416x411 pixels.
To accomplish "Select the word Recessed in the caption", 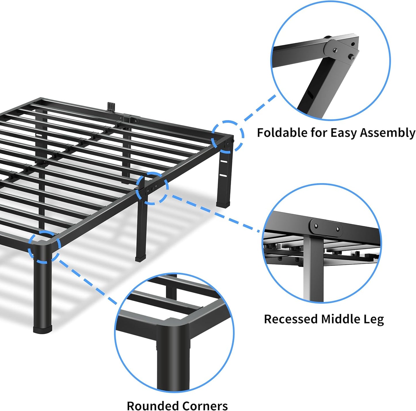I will (290, 319).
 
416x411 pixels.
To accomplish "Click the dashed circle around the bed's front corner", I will (45, 246).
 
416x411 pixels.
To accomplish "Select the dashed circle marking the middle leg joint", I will (152, 188).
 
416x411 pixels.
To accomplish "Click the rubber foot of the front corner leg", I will (43, 329).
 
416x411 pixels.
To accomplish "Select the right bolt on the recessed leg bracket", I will (338, 229).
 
